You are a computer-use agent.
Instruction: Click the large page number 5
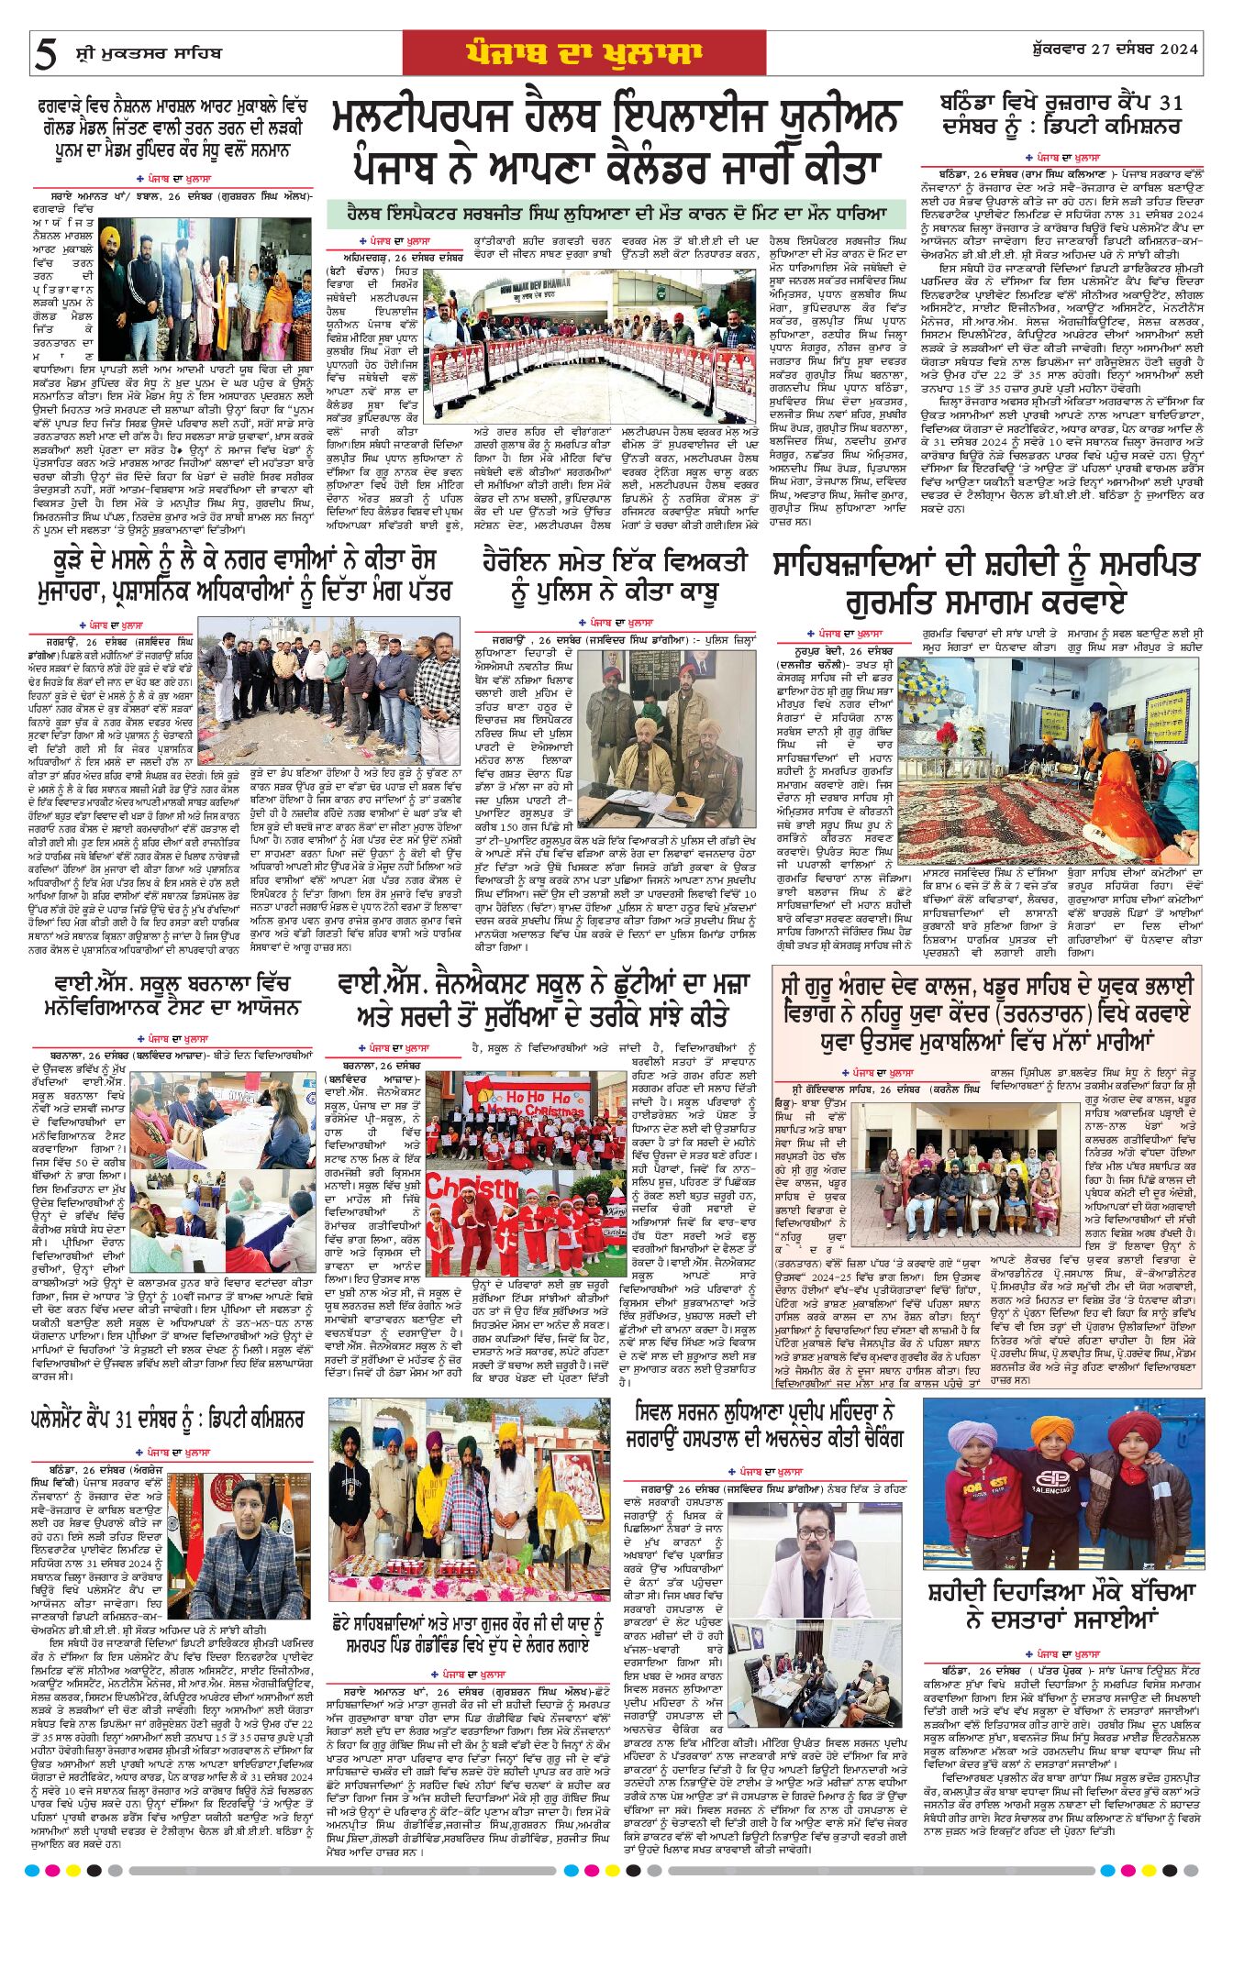[x=44, y=55]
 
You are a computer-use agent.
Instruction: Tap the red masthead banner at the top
[x=584, y=54]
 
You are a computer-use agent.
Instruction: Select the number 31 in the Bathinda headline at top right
[x=1168, y=103]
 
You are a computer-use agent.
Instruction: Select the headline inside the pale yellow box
[x=986, y=1012]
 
